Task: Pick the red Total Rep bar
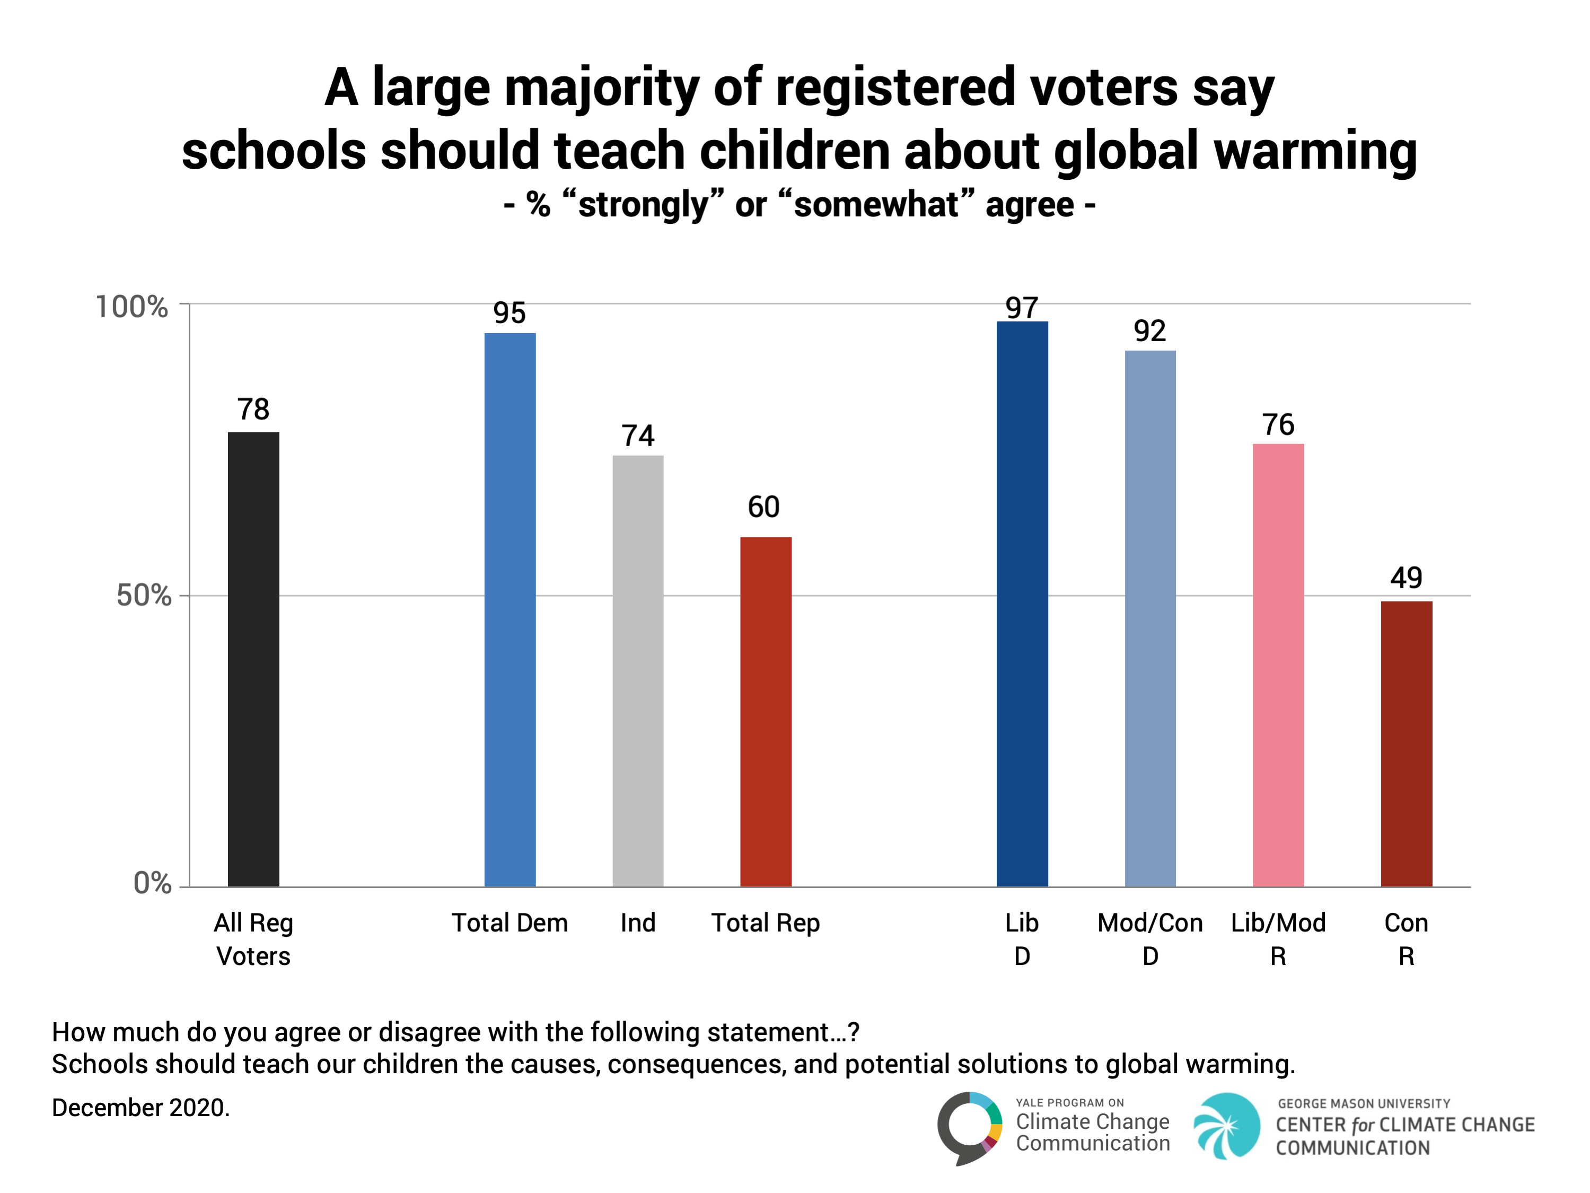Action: pyautogui.click(x=766, y=711)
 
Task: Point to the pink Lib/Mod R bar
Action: pyautogui.click(x=1278, y=665)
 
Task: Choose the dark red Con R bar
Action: pyautogui.click(x=1406, y=744)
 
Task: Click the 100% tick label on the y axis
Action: pyautogui.click(x=131, y=307)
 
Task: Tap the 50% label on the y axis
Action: pyautogui.click(x=144, y=595)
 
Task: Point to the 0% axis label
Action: pyautogui.click(x=152, y=883)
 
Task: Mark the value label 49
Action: pyautogui.click(x=1406, y=578)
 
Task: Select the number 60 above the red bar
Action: pyautogui.click(x=763, y=507)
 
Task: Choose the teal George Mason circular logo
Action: pyautogui.click(x=1226, y=1126)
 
